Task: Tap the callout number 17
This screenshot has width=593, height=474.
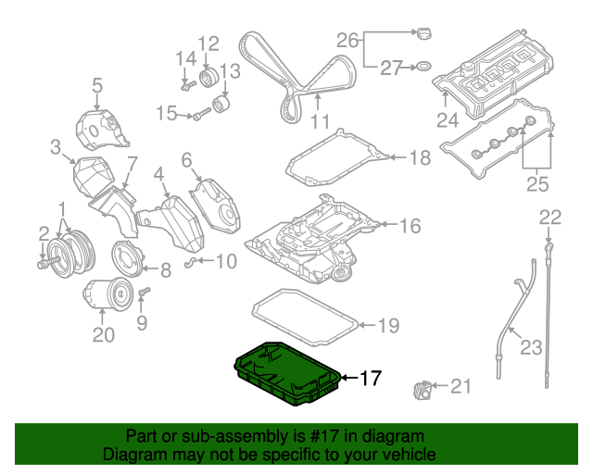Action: point(371,378)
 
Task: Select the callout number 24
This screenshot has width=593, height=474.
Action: point(448,120)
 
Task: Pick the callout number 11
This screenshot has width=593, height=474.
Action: point(320,121)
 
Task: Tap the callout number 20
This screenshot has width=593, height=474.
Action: point(103,334)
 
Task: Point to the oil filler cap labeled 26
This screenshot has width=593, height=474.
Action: point(423,34)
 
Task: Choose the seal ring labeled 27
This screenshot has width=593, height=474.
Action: point(422,66)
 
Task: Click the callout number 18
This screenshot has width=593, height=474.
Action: point(420,158)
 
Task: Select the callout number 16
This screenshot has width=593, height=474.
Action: point(410,225)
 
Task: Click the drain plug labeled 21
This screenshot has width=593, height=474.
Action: point(422,393)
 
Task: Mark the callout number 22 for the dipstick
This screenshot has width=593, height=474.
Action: point(550,218)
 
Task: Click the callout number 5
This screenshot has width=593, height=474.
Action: point(96,88)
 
